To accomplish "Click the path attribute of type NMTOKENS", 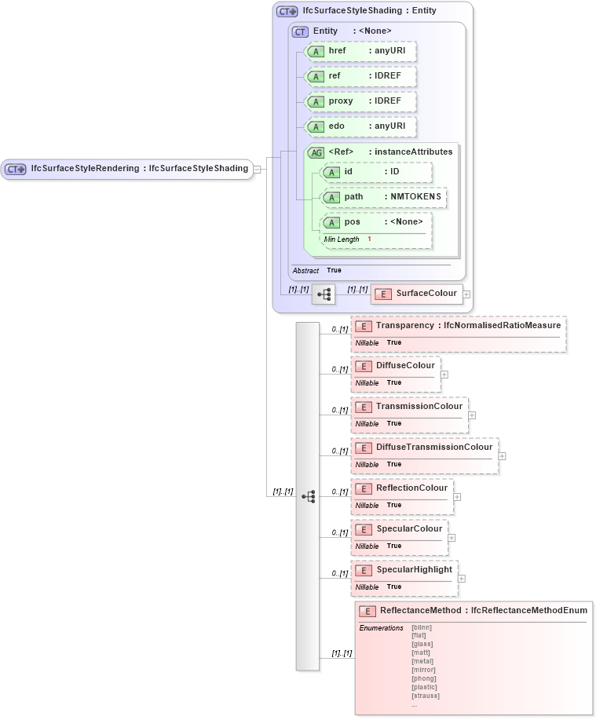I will click(383, 197).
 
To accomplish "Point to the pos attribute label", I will click(353, 222).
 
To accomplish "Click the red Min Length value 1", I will click(369, 239).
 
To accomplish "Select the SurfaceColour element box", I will click(416, 294).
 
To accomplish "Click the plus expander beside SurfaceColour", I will click(466, 294).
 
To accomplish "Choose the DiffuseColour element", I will click(396, 366).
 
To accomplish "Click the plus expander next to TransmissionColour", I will click(472, 415).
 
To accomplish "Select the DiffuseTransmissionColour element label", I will click(433, 448).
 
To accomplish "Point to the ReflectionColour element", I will click(402, 488).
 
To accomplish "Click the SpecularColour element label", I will click(408, 529).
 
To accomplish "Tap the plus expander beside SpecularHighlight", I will click(462, 579).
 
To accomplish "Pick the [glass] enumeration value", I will click(422, 644).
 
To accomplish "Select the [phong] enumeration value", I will click(423, 678).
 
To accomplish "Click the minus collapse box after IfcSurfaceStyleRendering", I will click(257, 169).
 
